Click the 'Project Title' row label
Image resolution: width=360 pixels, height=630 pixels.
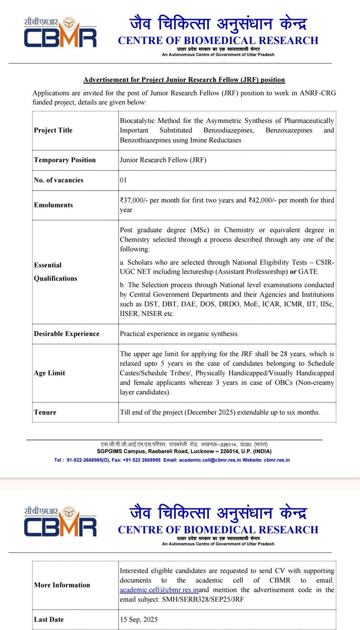click(53, 130)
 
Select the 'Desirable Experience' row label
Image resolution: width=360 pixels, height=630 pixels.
click(66, 333)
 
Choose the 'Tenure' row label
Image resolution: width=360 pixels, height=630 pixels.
click(45, 412)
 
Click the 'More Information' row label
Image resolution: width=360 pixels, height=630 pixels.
click(62, 584)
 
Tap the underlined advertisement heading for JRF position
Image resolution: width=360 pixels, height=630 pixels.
click(184, 79)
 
